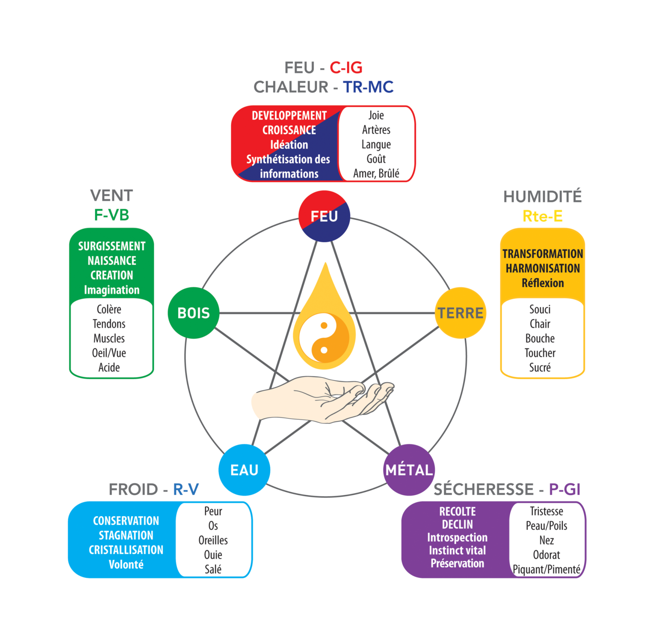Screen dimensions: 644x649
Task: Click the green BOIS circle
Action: [x=193, y=313]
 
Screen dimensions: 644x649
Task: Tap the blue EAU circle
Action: [x=244, y=470]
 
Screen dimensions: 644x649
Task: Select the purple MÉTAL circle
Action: [x=409, y=470]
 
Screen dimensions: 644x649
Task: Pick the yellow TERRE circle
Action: [x=460, y=313]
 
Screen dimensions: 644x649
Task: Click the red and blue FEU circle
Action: [x=324, y=216]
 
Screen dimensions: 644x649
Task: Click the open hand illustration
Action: [x=320, y=399]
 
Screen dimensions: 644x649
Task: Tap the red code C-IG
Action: [x=346, y=68]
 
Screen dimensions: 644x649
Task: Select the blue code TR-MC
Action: [x=368, y=87]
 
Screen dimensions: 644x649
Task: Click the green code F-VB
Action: [x=112, y=215]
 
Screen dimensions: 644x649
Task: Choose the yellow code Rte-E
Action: [x=542, y=216]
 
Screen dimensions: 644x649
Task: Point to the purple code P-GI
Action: [x=565, y=489]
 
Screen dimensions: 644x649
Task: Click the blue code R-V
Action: [x=186, y=489]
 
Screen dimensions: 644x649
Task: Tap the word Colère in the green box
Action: [x=109, y=309]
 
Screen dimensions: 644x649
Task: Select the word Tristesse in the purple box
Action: [x=546, y=511]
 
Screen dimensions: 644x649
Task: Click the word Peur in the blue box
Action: [x=213, y=511]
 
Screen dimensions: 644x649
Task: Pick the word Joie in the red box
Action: [x=376, y=115]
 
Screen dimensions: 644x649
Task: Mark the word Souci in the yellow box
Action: [x=540, y=309]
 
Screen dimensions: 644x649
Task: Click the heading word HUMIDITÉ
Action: [x=542, y=197]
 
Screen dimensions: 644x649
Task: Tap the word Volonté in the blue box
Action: [x=126, y=565]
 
